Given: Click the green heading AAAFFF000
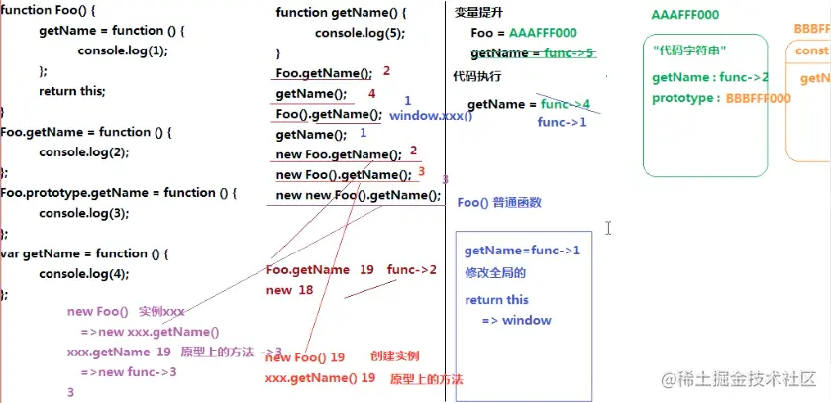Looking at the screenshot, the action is point(685,16).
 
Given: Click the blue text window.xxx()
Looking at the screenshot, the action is point(431,116).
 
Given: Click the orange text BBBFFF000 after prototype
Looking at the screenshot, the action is point(758,98).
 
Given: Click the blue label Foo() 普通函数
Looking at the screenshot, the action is point(499,203).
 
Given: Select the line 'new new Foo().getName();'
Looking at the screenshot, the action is point(358,195).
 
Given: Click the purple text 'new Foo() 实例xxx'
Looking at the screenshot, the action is point(126,312).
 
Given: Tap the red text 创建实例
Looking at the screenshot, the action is point(395,356).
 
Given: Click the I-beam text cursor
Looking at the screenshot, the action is point(608,228).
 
